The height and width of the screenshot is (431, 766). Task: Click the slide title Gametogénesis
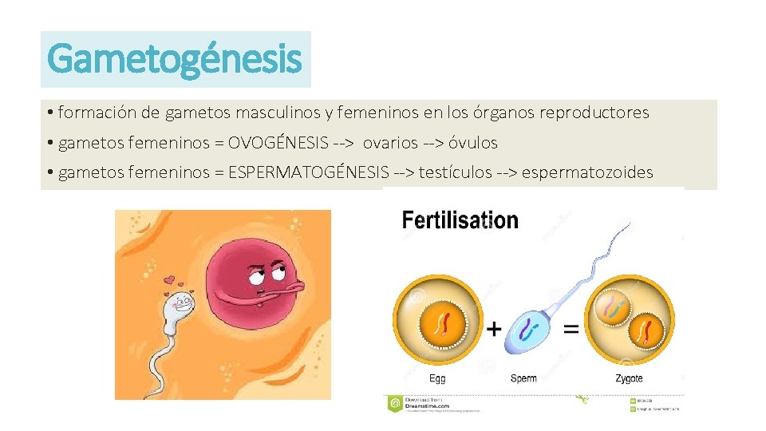point(175,59)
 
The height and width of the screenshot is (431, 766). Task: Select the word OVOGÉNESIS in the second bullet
point(278,144)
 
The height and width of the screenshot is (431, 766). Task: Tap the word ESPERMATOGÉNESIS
point(308,172)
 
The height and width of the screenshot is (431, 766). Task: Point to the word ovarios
point(390,144)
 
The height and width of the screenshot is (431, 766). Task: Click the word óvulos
point(472,144)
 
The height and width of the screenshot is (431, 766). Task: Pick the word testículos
point(455,172)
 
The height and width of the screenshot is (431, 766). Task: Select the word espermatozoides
point(587,172)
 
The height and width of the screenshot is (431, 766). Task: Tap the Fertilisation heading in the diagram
point(460,220)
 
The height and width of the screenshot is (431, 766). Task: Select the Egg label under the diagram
point(437,378)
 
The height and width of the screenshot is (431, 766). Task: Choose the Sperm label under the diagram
point(523,378)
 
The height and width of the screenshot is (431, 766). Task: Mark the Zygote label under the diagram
point(629,378)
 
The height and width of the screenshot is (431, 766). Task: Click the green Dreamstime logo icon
point(394,404)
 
